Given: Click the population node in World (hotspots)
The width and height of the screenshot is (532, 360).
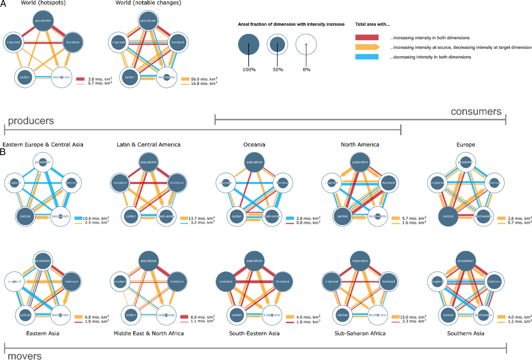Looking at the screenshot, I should tap(43, 21).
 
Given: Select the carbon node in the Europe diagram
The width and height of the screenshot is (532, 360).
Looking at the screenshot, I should tap(448, 216).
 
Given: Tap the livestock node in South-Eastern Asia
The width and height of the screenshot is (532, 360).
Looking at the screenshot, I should tap(283, 281).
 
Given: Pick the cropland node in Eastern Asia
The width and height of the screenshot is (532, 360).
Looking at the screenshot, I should tap(14, 281).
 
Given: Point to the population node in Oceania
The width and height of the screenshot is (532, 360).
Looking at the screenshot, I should tap(254, 162).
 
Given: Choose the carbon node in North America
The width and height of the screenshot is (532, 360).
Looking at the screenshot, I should tap(342, 216).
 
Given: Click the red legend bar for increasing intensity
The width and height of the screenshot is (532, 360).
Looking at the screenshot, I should tap(367, 38).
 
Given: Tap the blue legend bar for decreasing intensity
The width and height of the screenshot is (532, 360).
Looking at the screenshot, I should tap(367, 57).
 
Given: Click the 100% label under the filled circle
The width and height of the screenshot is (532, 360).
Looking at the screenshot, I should tap(249, 69).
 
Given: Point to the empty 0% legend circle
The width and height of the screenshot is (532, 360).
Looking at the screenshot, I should tap(306, 44).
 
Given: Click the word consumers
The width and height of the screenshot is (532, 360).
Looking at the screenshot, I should tap(476, 112).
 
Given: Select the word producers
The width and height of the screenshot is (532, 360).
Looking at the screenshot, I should tap(31, 121).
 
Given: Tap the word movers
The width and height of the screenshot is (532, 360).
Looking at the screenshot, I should tap(25, 356).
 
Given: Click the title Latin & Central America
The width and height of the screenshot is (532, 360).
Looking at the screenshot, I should tap(149, 145).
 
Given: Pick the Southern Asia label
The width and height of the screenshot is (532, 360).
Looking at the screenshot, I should tap(465, 333).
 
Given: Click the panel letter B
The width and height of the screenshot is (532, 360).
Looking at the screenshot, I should tap(3, 152).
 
